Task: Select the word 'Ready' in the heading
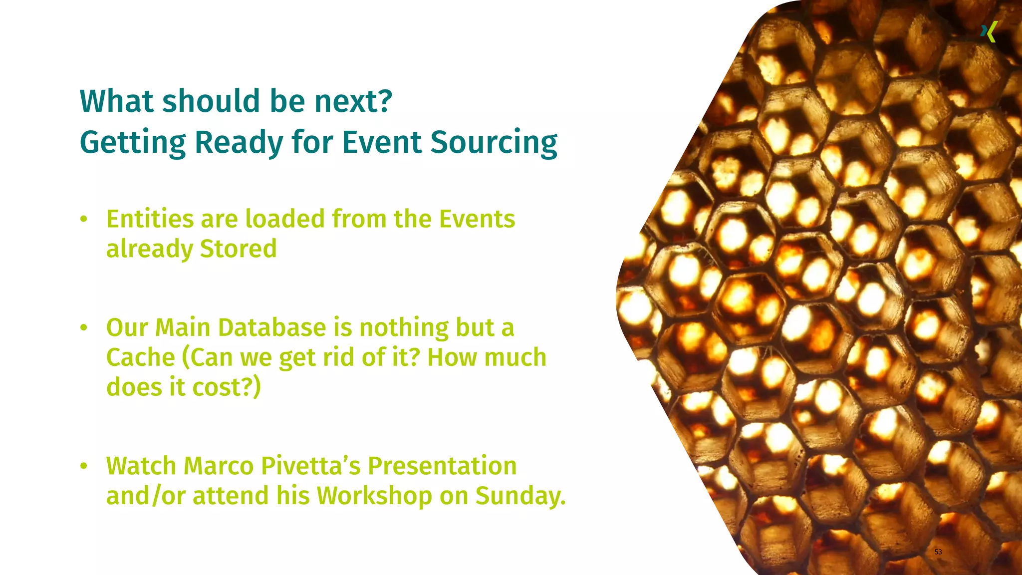239,143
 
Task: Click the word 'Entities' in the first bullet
150,219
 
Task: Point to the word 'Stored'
238,249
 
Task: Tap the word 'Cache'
140,358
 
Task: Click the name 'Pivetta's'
310,466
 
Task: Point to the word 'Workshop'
374,496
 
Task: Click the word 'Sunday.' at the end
520,496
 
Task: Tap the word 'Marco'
219,466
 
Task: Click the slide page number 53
938,552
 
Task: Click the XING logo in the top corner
989,32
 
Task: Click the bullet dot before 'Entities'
84,219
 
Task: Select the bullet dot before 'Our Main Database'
84,328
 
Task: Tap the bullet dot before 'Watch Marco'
84,466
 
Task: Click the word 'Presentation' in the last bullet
442,466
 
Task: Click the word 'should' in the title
212,101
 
